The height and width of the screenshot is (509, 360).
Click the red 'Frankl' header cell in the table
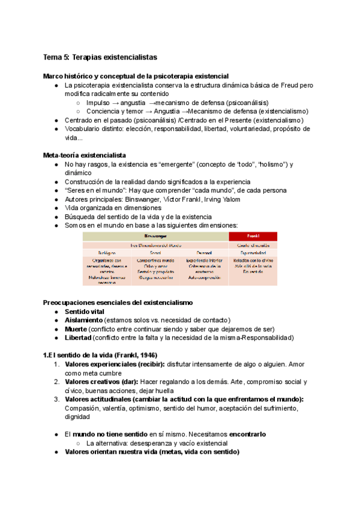tap(253, 236)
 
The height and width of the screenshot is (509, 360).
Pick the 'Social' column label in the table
tap(156, 253)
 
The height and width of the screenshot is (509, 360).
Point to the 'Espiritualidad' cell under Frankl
tap(253, 253)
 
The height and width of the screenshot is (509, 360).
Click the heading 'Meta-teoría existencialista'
tap(84, 155)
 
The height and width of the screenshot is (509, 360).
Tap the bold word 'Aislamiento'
tap(83, 321)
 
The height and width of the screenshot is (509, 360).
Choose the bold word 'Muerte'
tap(76, 329)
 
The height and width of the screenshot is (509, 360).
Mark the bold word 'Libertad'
tap(79, 338)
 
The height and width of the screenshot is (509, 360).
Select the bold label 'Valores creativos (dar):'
tap(101, 382)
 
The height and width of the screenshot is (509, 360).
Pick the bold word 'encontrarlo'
tap(243, 434)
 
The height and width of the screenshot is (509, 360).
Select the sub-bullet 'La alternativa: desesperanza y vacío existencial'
tap(165, 443)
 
